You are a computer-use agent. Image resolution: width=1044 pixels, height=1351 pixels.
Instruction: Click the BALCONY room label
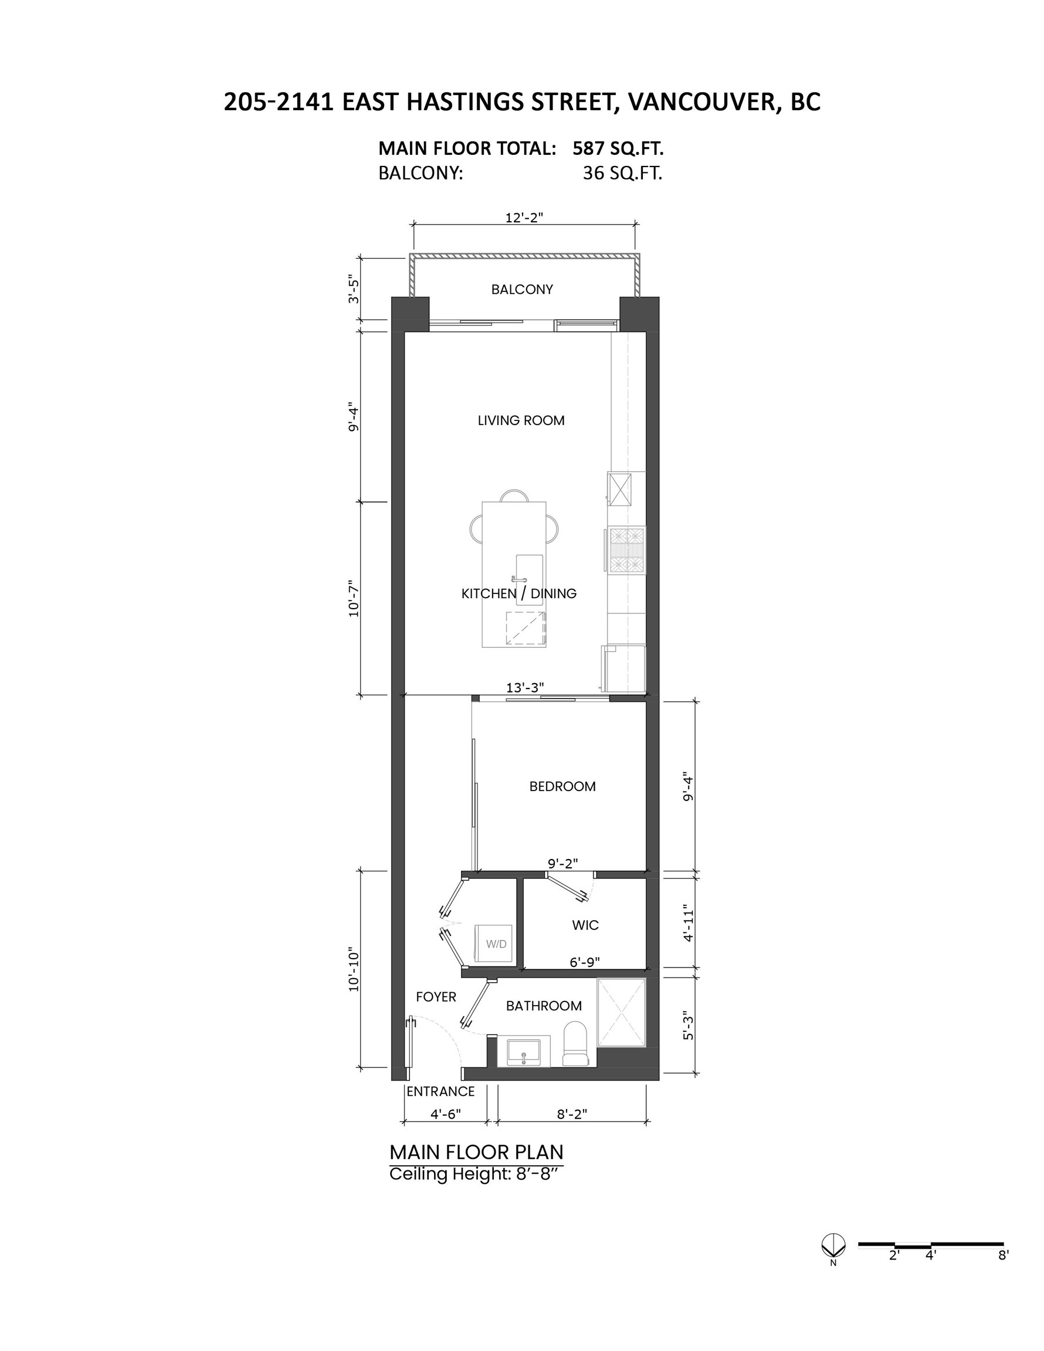coord(521,290)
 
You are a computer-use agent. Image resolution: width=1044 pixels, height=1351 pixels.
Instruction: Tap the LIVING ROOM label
coord(521,420)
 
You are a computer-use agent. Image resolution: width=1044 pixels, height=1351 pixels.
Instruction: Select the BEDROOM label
coord(562,786)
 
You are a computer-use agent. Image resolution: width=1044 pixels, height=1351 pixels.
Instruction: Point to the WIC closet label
coord(585,925)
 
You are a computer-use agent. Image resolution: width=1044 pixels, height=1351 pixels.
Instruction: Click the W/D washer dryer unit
coord(494,943)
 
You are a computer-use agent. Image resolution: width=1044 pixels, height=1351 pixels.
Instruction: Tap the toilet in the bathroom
coord(575,1044)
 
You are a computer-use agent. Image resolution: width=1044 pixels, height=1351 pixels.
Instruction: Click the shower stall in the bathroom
coord(621,1013)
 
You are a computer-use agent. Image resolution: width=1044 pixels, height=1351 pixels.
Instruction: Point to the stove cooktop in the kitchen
coord(627,549)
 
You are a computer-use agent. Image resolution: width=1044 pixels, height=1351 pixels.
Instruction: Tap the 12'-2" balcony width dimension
coord(524,218)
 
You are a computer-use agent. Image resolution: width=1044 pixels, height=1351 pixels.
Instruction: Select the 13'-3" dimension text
coord(525,687)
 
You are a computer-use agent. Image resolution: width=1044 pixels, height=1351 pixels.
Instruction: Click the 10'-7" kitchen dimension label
coord(353,598)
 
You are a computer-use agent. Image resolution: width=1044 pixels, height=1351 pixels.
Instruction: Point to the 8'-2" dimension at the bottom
coord(572,1114)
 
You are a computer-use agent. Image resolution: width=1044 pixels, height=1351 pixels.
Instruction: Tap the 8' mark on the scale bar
coord(1003,1256)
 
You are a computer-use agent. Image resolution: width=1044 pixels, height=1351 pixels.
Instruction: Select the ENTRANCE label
coord(440,1092)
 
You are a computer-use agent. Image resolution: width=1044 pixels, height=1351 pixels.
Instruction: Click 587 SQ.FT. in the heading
coord(618,148)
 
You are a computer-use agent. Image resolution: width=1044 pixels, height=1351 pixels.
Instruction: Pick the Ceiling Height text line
coord(476,1173)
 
